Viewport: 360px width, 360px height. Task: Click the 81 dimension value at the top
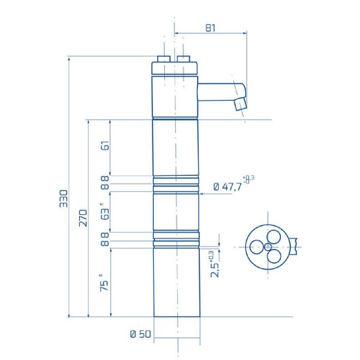(x=210, y=28)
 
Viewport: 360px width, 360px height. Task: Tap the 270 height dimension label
(x=83, y=218)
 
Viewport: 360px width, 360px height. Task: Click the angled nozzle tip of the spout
(x=241, y=104)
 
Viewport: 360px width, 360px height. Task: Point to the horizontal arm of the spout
(x=219, y=92)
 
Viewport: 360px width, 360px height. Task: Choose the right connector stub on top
(x=184, y=59)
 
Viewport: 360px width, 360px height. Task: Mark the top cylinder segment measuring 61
(x=175, y=148)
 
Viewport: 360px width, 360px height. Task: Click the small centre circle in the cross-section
(x=268, y=246)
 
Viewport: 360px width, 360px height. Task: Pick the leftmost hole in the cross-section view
(x=257, y=246)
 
